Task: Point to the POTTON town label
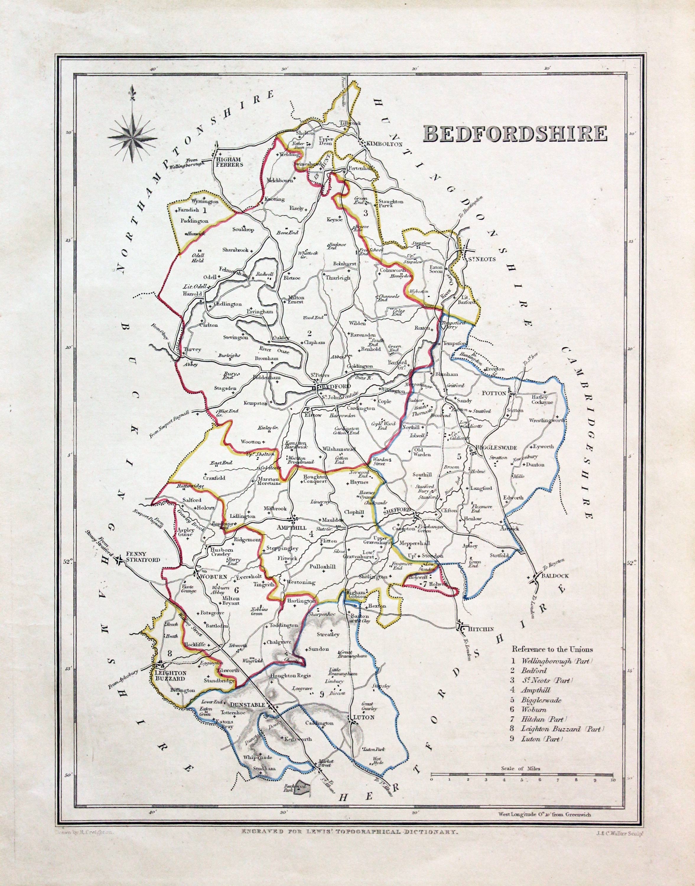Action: pyautogui.click(x=493, y=393)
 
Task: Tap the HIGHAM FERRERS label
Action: pyautogui.click(x=229, y=162)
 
